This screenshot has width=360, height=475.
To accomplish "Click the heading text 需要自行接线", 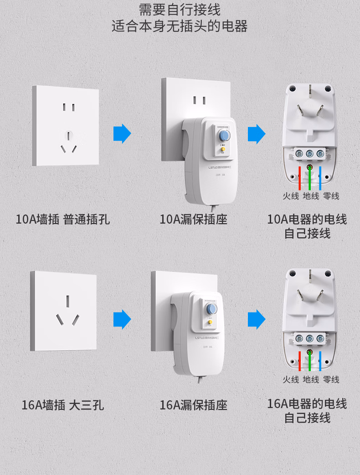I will click(180, 10).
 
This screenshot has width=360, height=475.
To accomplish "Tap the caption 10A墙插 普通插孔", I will click(63, 220).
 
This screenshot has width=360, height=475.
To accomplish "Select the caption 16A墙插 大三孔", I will click(63, 405).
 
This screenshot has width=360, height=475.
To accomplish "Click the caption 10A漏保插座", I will click(193, 220).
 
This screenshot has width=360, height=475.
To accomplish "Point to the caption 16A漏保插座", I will click(193, 405).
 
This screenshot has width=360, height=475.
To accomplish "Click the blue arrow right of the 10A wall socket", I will click(122, 133).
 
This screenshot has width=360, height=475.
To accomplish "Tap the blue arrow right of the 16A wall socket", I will click(122, 319).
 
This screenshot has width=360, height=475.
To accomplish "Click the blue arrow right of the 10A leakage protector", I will click(257, 133).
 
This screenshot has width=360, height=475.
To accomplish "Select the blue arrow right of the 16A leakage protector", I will click(257, 319).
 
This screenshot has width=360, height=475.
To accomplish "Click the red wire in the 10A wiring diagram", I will click(299, 178).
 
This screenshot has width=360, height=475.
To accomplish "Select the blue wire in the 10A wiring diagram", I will click(320, 178).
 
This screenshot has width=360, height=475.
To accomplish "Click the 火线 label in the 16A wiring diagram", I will click(290, 379).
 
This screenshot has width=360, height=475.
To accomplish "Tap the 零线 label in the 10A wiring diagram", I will click(331, 196).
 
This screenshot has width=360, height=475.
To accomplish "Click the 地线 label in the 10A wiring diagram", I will click(311, 196).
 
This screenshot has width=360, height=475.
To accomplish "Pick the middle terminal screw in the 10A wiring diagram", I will click(310, 154).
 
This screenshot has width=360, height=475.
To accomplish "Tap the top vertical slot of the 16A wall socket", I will click(67, 301).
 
